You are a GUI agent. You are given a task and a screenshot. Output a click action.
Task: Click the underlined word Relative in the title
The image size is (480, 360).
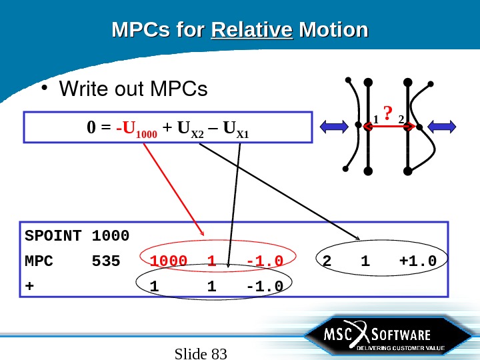point(252,31)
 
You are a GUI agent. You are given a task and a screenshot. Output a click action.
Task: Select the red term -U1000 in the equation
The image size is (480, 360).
point(133,127)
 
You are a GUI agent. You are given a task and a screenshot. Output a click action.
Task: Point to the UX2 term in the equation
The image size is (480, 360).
point(187,127)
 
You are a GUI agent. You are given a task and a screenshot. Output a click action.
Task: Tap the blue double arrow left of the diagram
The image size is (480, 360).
point(337,125)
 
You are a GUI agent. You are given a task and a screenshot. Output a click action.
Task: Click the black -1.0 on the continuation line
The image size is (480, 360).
point(265,286)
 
